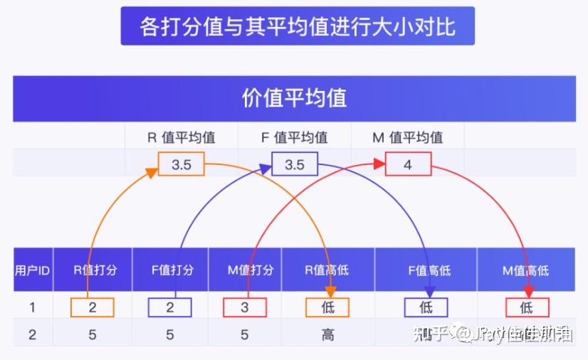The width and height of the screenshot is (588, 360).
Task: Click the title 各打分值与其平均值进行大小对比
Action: click(x=298, y=26)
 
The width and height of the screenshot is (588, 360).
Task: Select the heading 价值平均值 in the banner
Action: click(x=294, y=97)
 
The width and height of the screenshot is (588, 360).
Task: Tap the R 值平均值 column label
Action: click(x=182, y=137)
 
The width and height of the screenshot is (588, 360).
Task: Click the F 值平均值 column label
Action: click(x=294, y=137)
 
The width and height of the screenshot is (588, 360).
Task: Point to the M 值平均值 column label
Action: click(x=407, y=137)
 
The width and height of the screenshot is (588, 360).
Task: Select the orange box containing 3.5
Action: click(x=181, y=164)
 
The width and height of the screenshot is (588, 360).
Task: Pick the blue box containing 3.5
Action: click(x=294, y=164)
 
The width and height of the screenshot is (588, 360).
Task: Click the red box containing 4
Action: click(x=408, y=164)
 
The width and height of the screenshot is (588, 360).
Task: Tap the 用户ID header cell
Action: click(x=33, y=270)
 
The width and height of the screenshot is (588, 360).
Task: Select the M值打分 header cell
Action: click(x=245, y=270)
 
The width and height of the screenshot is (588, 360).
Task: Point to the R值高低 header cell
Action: click(x=327, y=270)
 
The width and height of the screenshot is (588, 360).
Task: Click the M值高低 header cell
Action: click(x=526, y=270)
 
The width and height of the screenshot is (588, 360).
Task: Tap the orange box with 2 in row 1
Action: click(x=93, y=307)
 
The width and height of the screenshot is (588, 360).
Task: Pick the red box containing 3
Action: click(x=244, y=307)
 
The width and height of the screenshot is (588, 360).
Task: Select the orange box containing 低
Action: click(x=327, y=307)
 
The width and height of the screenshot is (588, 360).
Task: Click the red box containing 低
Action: click(x=527, y=307)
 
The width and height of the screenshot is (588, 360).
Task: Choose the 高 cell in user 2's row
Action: click(x=327, y=334)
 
